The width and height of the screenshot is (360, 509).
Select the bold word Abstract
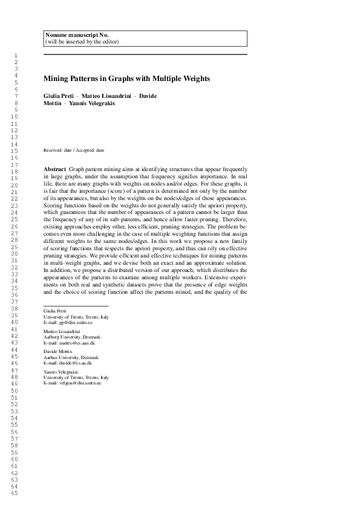point(55,167)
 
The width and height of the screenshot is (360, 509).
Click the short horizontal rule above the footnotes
point(76,306)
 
